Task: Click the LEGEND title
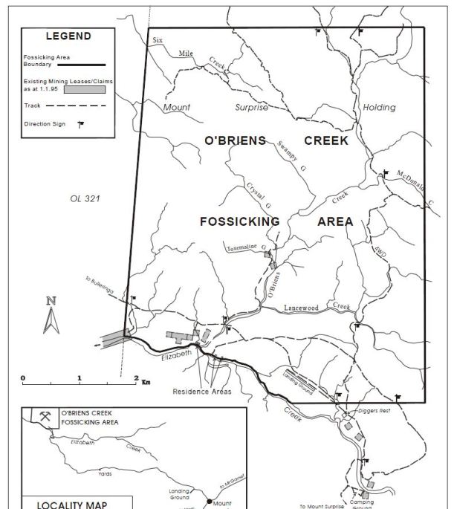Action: (x=68, y=36)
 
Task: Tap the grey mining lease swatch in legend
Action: (x=84, y=89)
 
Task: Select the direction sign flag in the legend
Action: (x=76, y=124)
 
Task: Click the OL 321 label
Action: (x=84, y=198)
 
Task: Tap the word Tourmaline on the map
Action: (x=244, y=249)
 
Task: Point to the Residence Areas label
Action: (x=201, y=391)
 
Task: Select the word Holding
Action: (x=379, y=107)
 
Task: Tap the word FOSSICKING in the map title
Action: (x=239, y=221)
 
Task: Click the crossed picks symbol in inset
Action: (x=45, y=417)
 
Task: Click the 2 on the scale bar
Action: (x=136, y=379)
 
